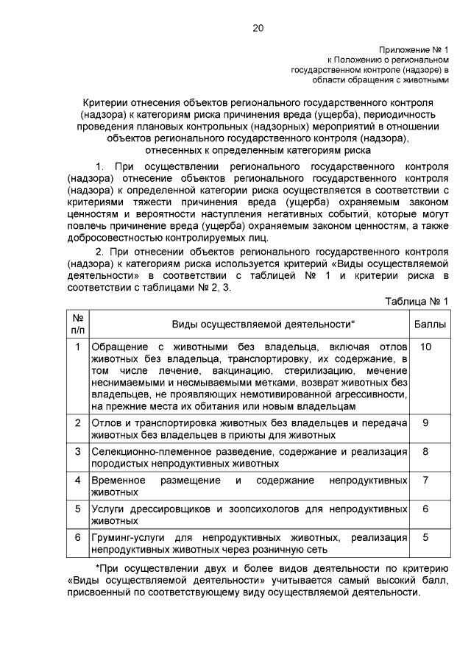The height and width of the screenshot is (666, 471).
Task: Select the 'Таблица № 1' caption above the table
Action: coord(417,302)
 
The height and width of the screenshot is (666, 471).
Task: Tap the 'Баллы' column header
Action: coord(431,324)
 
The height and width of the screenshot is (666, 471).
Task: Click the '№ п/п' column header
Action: coord(78,324)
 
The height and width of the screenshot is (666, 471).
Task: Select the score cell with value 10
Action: coord(425,346)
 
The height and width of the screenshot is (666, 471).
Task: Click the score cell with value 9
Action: coord(425,422)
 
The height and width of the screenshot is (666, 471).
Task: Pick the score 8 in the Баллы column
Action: coord(425,451)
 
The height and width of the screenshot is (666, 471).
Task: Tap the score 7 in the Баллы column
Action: coord(425,480)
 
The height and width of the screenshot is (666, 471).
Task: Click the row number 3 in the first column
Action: coord(78,451)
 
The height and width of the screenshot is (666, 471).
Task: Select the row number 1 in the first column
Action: coord(78,346)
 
